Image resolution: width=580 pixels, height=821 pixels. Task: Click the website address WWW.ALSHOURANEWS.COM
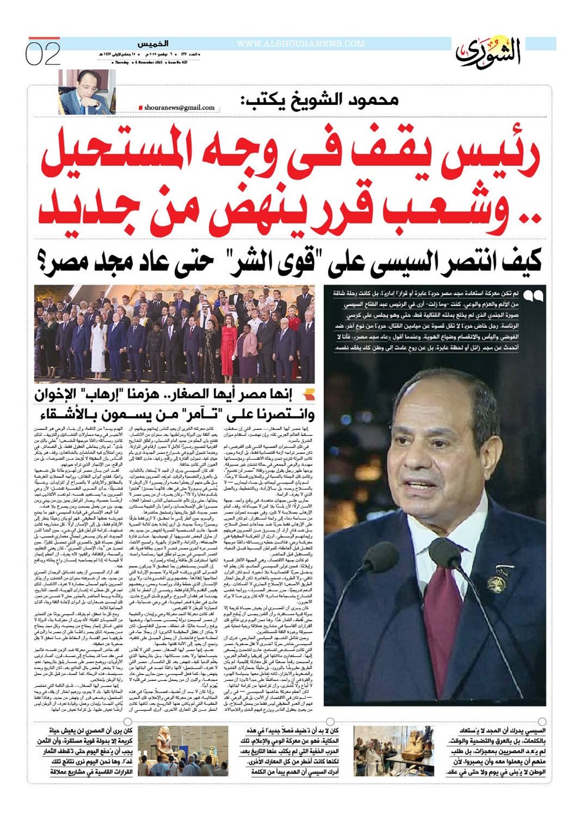click(x=301, y=44)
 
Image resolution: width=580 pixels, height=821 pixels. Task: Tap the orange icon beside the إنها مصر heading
click(x=309, y=395)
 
